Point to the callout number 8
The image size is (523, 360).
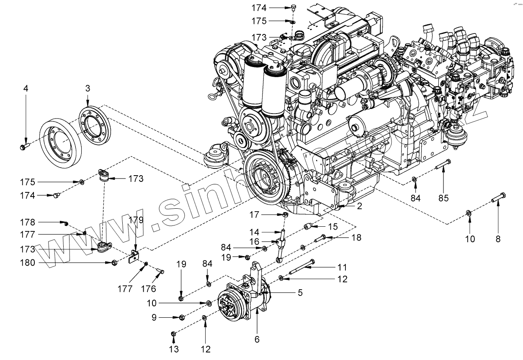click(x=498, y=239)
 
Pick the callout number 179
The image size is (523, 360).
click(x=138, y=220)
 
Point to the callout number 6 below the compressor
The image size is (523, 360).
click(x=257, y=339)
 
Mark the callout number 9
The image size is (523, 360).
click(x=154, y=318)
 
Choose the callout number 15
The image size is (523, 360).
click(x=332, y=227)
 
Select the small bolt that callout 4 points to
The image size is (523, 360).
click(x=24, y=147)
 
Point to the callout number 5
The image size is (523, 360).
click(x=300, y=293)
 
